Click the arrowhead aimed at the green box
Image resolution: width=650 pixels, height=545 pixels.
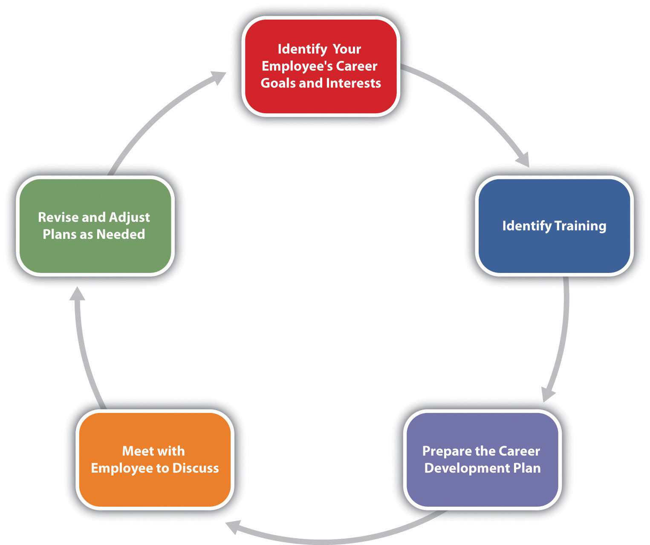coord(77,294)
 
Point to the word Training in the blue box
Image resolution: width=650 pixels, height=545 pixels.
coord(580,226)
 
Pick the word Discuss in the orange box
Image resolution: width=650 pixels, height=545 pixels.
coord(195,468)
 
